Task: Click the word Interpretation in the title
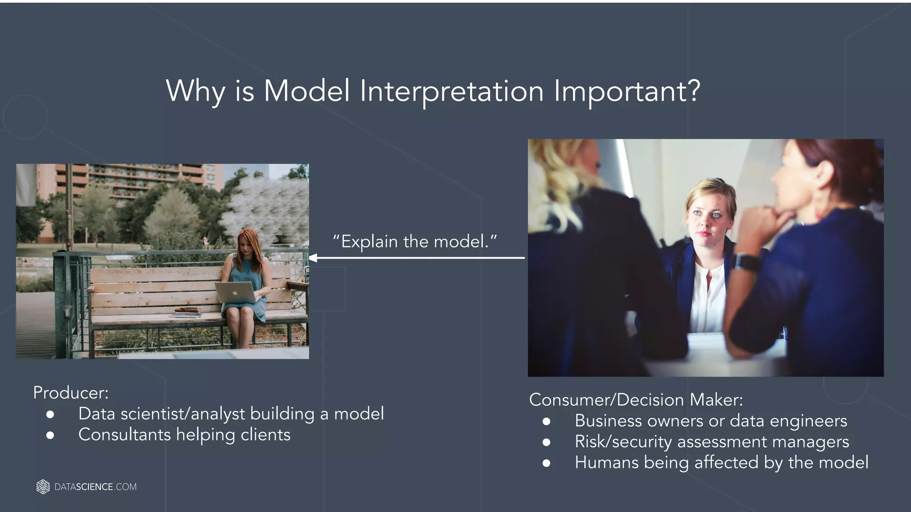coord(451,92)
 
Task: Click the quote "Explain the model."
coord(415,242)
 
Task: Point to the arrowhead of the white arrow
coord(313,258)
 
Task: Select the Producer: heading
coord(71,393)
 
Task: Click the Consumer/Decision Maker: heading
coord(636,400)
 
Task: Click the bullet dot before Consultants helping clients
coord(50,435)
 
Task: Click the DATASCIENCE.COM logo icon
coord(43,487)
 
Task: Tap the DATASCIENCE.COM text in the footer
coord(95,487)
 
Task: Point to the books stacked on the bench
coord(187,312)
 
